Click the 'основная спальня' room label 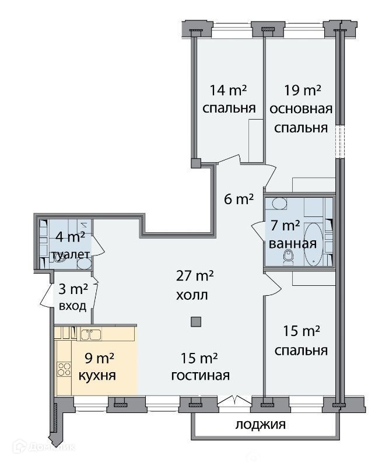[x=301, y=118]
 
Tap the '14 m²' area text [x=228, y=90]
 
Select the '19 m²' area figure [x=302, y=90]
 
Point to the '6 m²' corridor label [x=239, y=199]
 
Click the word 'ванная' [x=293, y=244]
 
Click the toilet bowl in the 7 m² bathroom [x=289, y=257]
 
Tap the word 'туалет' [x=71, y=254]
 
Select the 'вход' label [x=72, y=306]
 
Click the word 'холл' [x=192, y=295]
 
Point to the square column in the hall [x=196, y=322]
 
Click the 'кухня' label [x=97, y=376]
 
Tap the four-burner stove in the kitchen [x=64, y=369]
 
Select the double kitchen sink [x=91, y=335]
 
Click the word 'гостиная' [x=200, y=376]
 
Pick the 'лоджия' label [x=261, y=425]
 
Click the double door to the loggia [x=234, y=400]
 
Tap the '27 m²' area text [x=195, y=276]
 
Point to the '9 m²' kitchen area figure [x=99, y=358]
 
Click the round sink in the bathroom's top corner [x=279, y=204]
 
